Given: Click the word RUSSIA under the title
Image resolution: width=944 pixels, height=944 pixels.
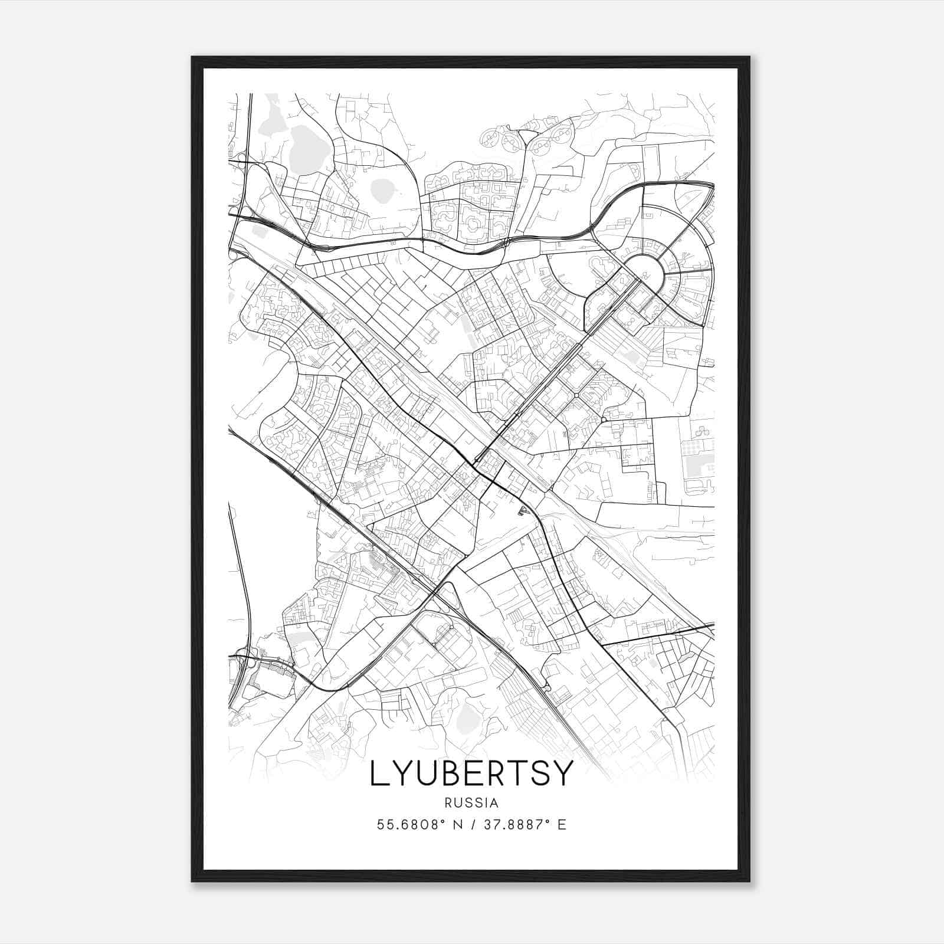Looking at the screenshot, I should point(471,802).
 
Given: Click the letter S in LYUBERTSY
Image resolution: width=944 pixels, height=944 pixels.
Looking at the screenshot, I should point(537,773).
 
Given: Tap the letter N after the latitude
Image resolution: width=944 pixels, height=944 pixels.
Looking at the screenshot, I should point(457,825).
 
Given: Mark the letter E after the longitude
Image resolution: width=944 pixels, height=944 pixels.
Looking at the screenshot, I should point(562,825).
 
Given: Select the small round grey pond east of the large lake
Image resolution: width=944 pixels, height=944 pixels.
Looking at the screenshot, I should point(382,190).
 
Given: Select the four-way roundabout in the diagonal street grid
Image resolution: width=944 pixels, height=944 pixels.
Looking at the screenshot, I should point(575,394).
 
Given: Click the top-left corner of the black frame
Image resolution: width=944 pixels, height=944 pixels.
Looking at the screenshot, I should point(192,57).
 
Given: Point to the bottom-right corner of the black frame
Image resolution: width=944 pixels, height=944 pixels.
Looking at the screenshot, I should point(749,881).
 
